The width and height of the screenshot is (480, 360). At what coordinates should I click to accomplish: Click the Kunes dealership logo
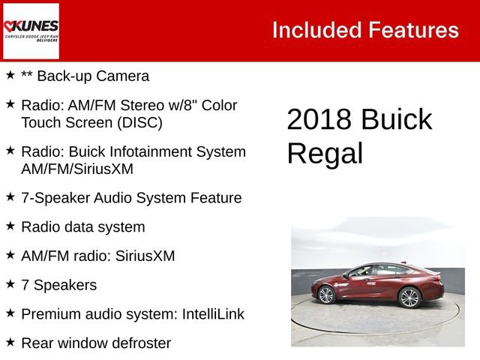(x=31, y=31)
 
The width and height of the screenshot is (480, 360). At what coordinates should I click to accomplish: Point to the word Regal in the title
(x=325, y=153)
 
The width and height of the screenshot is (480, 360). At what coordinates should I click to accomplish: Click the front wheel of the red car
(x=326, y=295)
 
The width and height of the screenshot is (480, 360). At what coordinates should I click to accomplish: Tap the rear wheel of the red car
(x=410, y=298)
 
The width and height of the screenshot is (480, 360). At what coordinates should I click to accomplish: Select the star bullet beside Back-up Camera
(x=10, y=75)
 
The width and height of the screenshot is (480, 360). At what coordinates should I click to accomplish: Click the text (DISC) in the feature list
(x=139, y=122)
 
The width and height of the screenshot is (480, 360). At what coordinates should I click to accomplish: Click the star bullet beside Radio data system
(x=10, y=225)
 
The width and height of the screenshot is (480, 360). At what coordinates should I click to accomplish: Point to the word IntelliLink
(x=213, y=314)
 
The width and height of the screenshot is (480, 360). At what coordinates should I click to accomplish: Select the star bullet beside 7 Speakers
(x=10, y=283)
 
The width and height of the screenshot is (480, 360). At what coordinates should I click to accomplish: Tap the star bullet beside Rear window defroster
(x=10, y=342)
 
